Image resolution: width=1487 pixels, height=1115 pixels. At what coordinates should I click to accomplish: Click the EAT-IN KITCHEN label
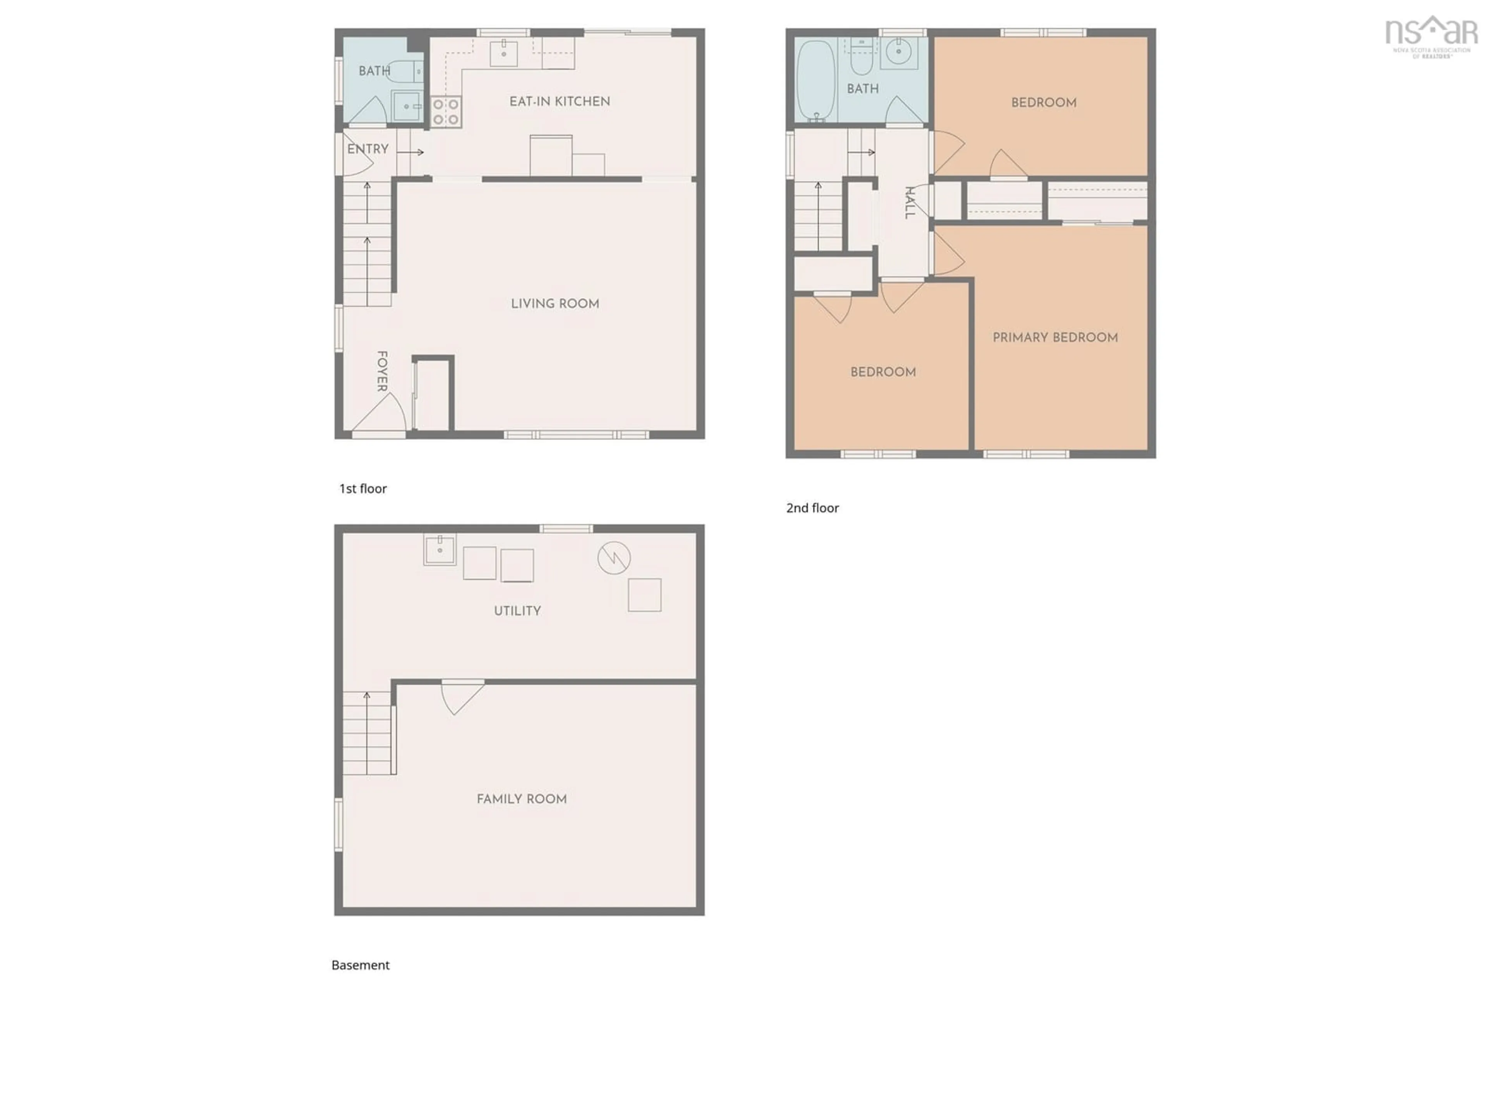[x=559, y=101]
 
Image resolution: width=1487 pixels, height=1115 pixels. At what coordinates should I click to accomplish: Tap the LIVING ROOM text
[x=555, y=304]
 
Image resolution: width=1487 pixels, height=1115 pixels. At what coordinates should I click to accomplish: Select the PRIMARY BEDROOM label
[x=1055, y=337]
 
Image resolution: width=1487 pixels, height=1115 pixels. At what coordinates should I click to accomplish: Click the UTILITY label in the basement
[x=517, y=611]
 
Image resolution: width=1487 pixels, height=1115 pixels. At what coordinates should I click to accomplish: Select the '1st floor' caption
[x=362, y=489]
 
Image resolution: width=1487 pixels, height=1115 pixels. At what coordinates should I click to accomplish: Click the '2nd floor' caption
[x=812, y=508]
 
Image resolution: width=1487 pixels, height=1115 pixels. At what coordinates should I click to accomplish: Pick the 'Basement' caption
[x=360, y=965]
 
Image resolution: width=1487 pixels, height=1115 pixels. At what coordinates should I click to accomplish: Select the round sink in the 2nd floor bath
[x=899, y=52]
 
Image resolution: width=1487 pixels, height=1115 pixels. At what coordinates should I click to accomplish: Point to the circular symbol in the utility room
[x=614, y=558]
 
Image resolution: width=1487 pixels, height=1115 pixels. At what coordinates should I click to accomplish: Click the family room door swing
[x=459, y=696]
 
